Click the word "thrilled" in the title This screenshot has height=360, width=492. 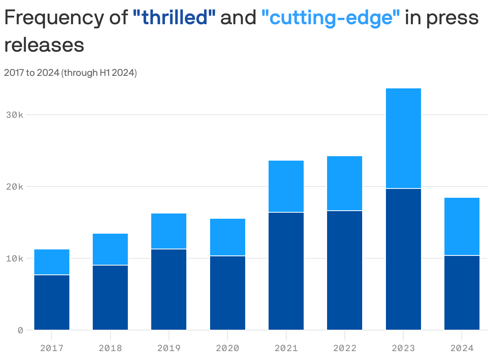click(174, 18)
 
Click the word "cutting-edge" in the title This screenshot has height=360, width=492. click(331, 18)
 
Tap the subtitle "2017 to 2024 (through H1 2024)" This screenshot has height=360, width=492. click(71, 73)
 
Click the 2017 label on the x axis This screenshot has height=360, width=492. click(52, 348)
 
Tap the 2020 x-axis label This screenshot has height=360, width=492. click(227, 348)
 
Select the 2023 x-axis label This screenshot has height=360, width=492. click(403, 348)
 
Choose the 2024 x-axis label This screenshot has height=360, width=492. click(462, 348)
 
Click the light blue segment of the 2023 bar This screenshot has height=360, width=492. click(403, 138)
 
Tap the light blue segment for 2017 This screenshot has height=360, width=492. click(52, 262)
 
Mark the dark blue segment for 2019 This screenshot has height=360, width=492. click(169, 289)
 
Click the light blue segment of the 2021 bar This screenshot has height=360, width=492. click(286, 186)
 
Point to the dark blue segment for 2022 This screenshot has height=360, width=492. click(344, 270)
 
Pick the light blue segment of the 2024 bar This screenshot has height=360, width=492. click(462, 226)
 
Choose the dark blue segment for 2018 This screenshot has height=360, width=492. click(110, 297)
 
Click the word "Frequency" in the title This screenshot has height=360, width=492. click(54, 18)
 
